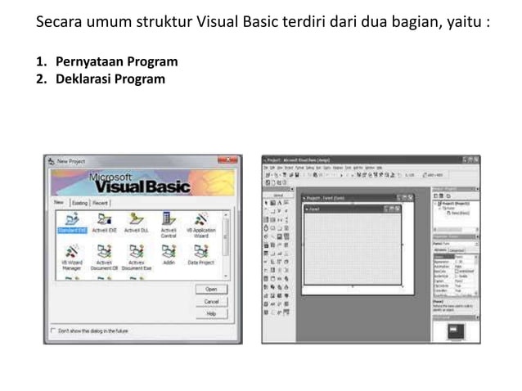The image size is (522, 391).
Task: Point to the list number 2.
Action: click(x=40, y=79)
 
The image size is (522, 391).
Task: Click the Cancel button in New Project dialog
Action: click(x=211, y=301)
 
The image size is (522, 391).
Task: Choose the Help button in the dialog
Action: click(x=211, y=313)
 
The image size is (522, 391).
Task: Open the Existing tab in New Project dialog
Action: click(x=79, y=202)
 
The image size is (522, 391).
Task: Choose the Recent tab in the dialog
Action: click(x=100, y=202)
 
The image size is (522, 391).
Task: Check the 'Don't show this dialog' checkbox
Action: click(x=53, y=330)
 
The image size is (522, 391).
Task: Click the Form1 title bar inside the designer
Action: click(x=352, y=209)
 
